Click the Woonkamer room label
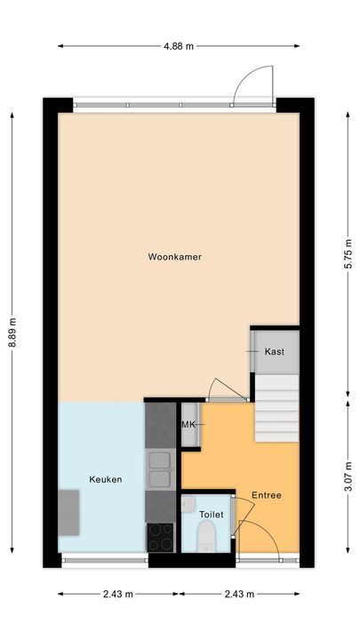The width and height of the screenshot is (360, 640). click(174, 258)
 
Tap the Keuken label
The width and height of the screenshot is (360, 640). click(106, 480)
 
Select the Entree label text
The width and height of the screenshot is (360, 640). click(266, 496)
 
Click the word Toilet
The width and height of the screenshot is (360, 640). click(211, 515)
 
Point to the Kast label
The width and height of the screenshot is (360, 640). click(275, 352)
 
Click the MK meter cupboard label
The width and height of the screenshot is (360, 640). click(188, 425)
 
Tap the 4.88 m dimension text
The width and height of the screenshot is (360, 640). click(178, 46)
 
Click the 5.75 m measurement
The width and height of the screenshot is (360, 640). click(348, 258)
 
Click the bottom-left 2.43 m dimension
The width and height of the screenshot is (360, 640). click(116, 595)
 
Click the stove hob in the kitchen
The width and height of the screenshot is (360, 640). click(161, 537)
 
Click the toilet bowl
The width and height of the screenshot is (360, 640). click(205, 535)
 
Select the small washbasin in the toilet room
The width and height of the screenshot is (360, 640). click(187, 504)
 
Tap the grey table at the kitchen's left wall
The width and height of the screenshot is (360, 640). click(68, 513)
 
